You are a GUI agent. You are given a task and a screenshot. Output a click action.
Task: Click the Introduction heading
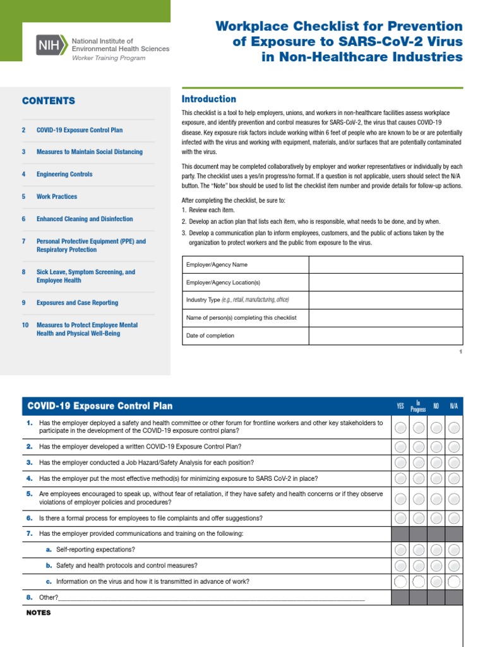click(208, 99)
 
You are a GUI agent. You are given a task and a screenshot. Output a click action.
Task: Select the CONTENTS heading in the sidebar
click(49, 101)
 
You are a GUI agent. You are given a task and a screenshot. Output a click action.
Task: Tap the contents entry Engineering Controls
click(64, 174)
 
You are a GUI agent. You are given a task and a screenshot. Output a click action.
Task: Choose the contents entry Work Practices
click(57, 197)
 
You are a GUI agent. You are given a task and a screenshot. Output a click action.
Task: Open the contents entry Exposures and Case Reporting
click(77, 303)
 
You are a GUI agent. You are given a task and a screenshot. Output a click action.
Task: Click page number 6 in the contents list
click(24, 219)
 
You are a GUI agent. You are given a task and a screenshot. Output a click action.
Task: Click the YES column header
click(400, 406)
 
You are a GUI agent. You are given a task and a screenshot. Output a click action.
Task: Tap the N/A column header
click(453, 406)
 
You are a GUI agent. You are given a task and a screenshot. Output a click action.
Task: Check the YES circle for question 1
click(400, 428)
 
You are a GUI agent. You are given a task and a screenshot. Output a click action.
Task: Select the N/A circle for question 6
click(453, 519)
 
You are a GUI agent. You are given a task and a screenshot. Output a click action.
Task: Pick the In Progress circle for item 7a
click(418, 550)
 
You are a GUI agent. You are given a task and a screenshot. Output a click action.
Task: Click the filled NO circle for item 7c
click(436, 581)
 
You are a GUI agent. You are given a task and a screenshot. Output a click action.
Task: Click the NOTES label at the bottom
click(39, 613)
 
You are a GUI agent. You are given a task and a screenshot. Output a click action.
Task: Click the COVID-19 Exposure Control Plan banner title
click(99, 406)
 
